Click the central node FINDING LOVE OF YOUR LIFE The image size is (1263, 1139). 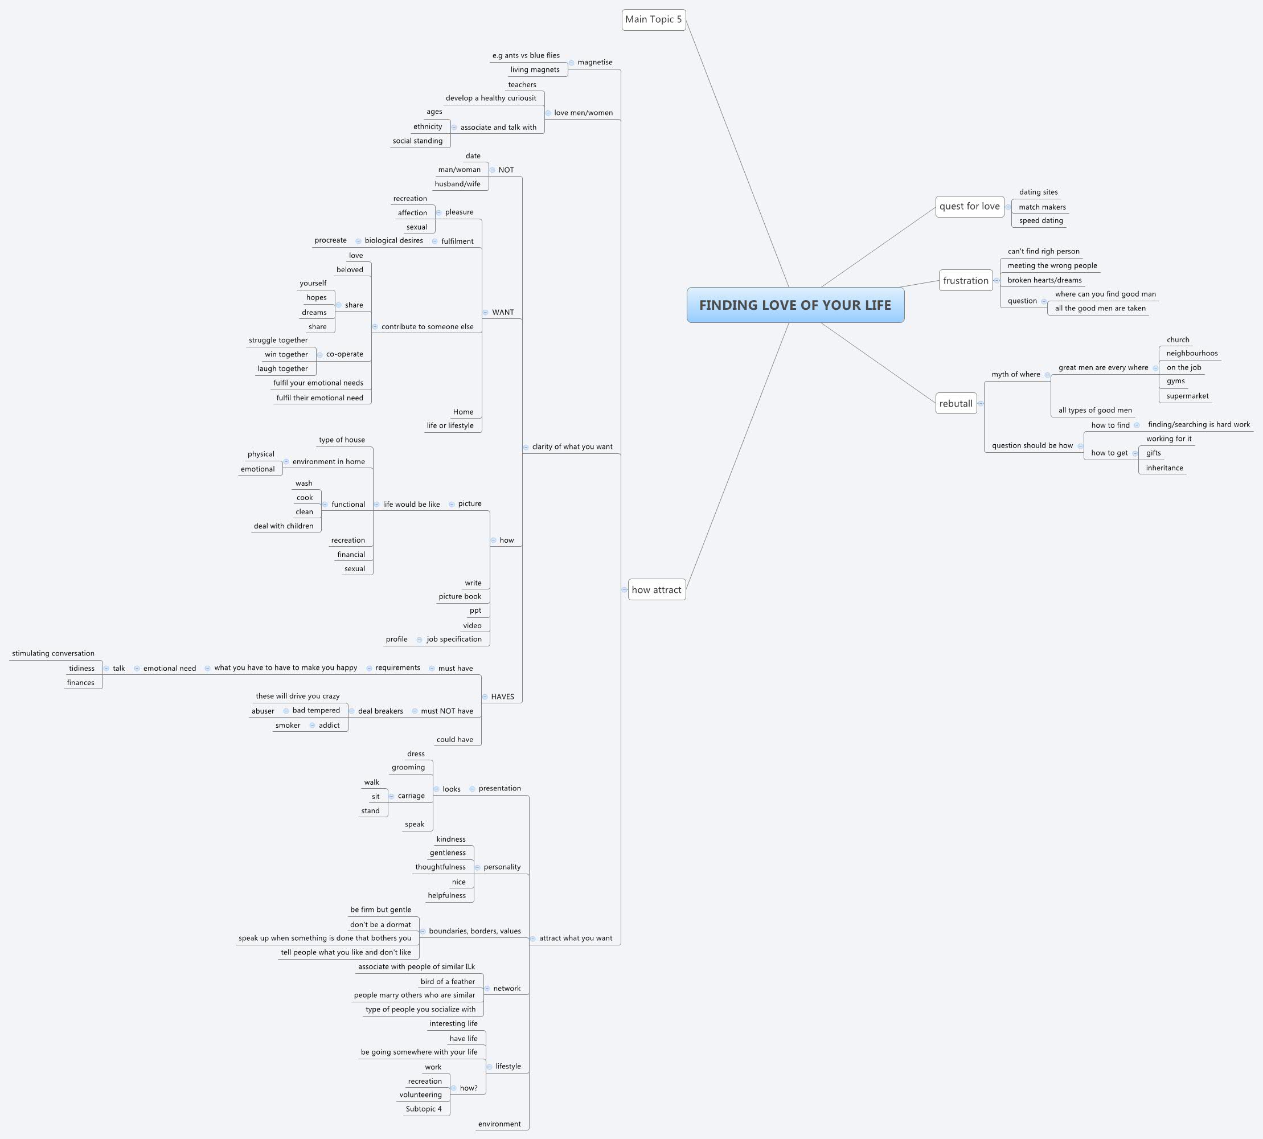(x=795, y=305)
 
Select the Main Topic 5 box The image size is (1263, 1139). (x=653, y=19)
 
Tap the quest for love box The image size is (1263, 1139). (x=969, y=207)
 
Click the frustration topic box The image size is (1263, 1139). (x=965, y=280)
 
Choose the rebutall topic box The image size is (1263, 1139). (x=956, y=404)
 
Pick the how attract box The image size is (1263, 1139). (x=656, y=589)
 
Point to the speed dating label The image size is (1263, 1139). (x=1040, y=220)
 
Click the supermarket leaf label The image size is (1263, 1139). (x=1187, y=396)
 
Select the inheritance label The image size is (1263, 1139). (x=1164, y=468)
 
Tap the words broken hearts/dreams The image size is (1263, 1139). (x=1044, y=280)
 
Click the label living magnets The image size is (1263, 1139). (x=535, y=69)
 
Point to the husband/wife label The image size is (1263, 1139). (x=457, y=184)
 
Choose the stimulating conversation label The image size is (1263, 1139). (x=53, y=653)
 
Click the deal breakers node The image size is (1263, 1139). (x=380, y=711)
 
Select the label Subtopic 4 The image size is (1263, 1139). (x=423, y=1109)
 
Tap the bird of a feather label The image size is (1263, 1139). (x=448, y=981)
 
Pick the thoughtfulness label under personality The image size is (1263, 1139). (x=440, y=867)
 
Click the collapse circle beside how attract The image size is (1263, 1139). (x=624, y=589)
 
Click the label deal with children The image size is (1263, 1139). (x=284, y=526)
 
